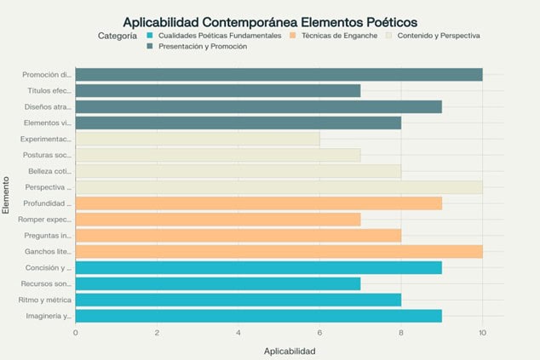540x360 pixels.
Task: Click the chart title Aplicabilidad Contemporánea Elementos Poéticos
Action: click(270, 21)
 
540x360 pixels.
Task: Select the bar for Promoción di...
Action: click(279, 74)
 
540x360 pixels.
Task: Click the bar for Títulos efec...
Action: click(217, 90)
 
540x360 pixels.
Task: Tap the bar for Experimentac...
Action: click(198, 139)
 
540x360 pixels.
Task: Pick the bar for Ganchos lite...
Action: click(279, 251)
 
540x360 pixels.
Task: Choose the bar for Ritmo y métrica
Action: click(238, 300)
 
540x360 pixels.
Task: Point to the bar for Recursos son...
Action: click(217, 283)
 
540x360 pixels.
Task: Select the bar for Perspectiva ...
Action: click(279, 187)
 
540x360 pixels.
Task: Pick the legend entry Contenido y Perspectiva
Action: click(437, 36)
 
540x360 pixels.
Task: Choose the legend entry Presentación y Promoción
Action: click(201, 47)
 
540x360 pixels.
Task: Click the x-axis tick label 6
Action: click(319, 332)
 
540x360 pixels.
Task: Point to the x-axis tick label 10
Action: click(482, 332)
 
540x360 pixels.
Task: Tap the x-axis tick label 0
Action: click(76, 332)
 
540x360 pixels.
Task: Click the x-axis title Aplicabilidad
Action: click(290, 350)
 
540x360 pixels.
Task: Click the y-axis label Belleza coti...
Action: click(49, 171)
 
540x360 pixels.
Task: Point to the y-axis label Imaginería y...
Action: click(49, 316)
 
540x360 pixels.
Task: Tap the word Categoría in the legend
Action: click(118, 36)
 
